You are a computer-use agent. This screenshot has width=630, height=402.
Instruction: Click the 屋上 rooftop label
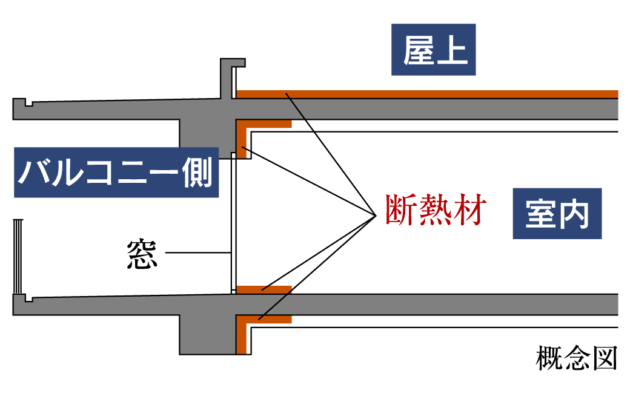433,50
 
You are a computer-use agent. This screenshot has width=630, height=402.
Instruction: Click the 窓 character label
142,253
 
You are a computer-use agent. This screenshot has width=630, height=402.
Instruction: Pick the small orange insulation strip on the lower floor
264,289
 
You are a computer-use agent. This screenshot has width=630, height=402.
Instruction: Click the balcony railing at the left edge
19,254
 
